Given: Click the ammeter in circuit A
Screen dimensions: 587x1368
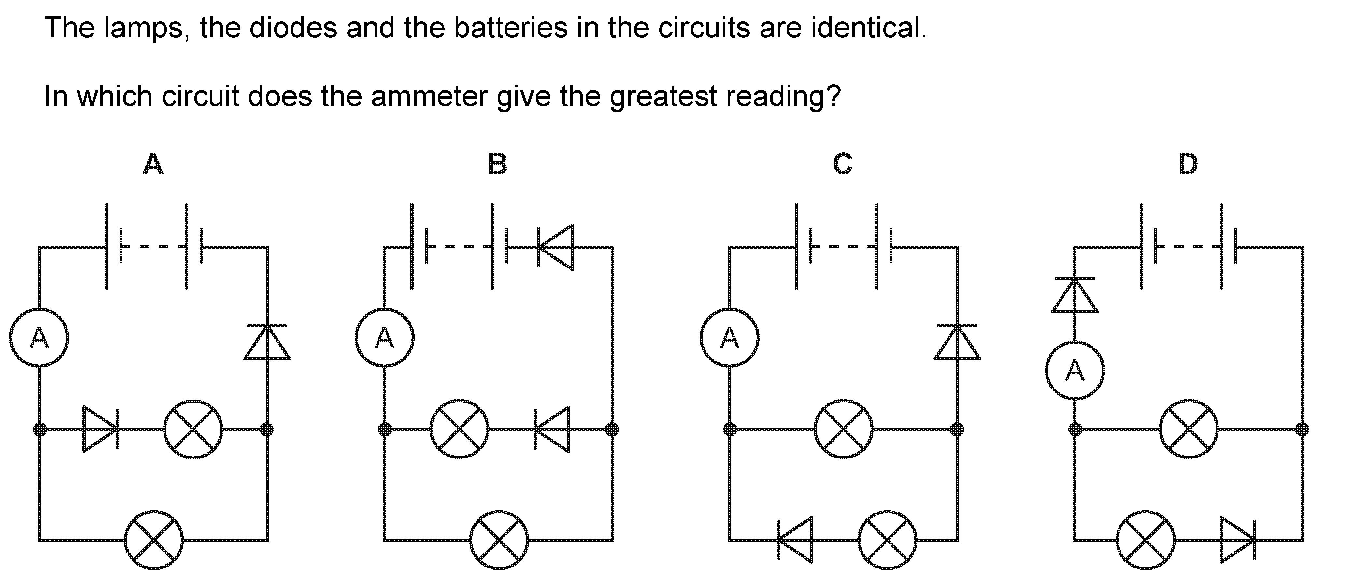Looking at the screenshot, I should click(39, 337).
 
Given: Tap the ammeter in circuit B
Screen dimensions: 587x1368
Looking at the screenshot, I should click(384, 337).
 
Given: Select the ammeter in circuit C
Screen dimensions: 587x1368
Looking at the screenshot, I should click(730, 337).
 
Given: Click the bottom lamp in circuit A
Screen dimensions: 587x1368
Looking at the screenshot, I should click(154, 540).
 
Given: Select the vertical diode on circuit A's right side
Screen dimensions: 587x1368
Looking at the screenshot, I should click(267, 342).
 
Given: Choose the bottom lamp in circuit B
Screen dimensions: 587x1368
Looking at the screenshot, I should click(499, 540).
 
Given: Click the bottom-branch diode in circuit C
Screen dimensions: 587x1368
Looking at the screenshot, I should click(794, 540).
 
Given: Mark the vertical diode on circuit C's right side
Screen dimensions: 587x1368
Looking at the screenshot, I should click(958, 342).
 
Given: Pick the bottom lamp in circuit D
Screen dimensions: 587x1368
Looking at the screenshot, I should click(1146, 540).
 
